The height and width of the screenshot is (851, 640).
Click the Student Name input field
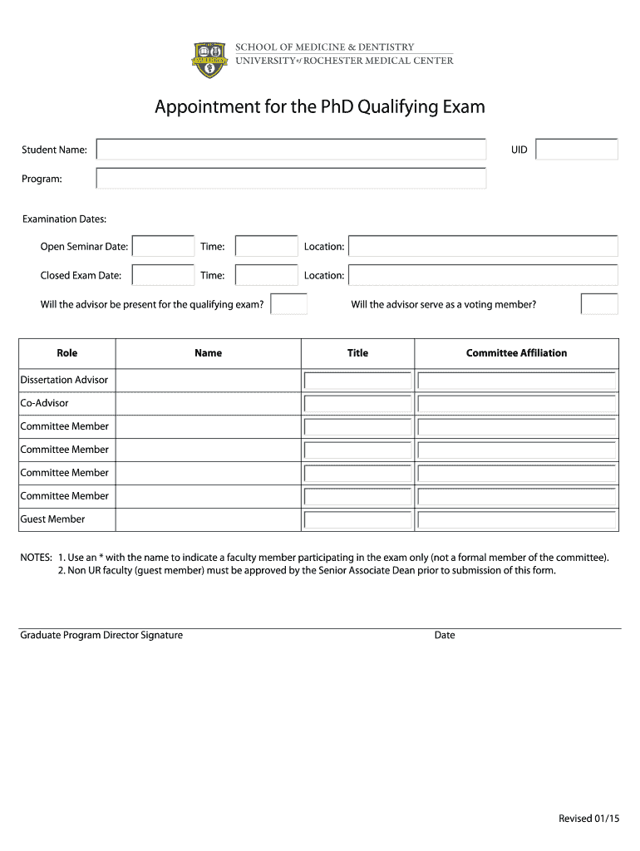(x=291, y=150)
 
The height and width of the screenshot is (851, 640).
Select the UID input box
(x=577, y=150)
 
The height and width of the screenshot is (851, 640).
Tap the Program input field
(x=291, y=179)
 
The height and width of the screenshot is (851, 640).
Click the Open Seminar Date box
(x=163, y=247)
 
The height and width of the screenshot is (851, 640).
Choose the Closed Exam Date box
(x=163, y=275)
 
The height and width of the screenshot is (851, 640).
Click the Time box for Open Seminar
(x=266, y=247)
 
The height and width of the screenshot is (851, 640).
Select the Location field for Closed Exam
(x=483, y=275)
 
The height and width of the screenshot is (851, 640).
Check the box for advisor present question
(x=289, y=304)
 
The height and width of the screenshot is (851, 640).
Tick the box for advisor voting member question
(x=599, y=304)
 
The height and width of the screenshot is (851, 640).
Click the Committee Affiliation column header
(x=516, y=353)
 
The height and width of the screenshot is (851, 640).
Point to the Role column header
(x=67, y=353)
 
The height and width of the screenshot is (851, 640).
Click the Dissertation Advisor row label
(x=64, y=380)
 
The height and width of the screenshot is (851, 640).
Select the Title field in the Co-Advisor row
(x=358, y=404)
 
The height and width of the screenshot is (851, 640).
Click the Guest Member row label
(x=52, y=519)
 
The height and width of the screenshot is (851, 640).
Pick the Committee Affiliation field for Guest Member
(x=516, y=520)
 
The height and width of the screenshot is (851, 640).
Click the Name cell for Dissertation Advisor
(x=208, y=381)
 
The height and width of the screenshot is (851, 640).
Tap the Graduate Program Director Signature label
(x=101, y=636)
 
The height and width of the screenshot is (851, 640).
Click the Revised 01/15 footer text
(x=589, y=819)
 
